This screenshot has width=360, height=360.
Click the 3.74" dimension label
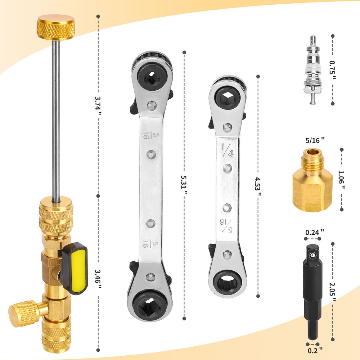click(x=98, y=106)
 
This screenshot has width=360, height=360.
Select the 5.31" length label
click(x=184, y=185)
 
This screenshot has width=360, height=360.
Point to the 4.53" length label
click(x=258, y=186)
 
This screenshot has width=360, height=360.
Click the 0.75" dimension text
click(x=333, y=70)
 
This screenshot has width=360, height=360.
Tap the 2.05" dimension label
click(x=333, y=292)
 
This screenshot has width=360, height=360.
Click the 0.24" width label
click(x=314, y=232)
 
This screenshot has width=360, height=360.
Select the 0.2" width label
click(x=315, y=350)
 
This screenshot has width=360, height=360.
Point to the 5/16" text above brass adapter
click(x=315, y=140)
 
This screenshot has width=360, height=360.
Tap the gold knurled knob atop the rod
click(x=56, y=27)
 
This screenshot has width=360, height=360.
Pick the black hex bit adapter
click(x=312, y=292)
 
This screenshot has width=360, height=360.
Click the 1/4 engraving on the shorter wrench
click(x=228, y=150)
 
